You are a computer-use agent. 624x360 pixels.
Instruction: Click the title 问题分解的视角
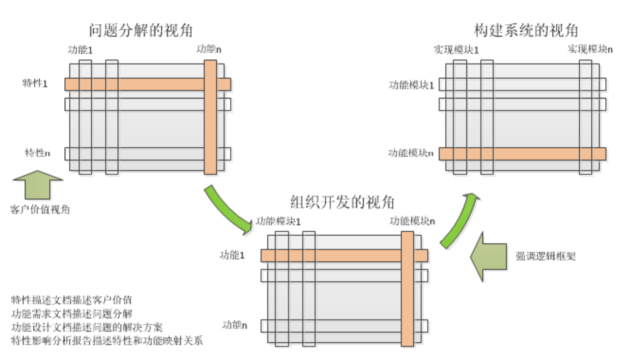(x=141, y=31)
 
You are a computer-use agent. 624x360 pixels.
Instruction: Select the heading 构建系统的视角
(x=526, y=31)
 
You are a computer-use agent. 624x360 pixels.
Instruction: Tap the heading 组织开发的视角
(x=343, y=202)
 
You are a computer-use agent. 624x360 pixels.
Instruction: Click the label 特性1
(x=35, y=84)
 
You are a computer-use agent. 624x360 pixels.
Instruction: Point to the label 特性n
(x=37, y=152)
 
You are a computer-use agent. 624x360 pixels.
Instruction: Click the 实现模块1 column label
(x=456, y=49)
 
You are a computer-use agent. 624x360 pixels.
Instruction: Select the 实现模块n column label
(x=590, y=49)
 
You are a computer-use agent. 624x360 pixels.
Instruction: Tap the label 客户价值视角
(x=40, y=209)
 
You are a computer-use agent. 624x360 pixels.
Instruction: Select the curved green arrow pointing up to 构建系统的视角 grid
(x=459, y=220)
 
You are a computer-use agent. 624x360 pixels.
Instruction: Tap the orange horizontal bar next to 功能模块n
(x=522, y=153)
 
